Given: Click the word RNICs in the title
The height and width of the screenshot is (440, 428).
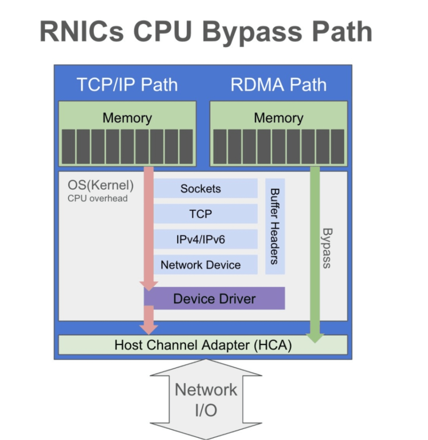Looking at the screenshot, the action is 81,31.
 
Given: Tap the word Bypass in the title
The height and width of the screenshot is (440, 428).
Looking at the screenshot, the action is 252,32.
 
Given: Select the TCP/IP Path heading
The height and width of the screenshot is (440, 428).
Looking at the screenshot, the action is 127,84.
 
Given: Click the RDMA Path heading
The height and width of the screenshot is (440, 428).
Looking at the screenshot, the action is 278,84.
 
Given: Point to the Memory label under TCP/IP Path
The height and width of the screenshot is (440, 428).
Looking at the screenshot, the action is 127,118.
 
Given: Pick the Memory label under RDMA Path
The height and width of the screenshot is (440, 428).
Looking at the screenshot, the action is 278,118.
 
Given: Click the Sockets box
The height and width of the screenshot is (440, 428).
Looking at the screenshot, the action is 206,188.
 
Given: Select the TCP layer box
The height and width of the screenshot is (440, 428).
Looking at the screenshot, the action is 206,214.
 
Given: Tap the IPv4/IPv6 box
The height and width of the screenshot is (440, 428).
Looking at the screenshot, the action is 206,239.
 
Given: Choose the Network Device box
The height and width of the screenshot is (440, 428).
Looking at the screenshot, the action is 206,265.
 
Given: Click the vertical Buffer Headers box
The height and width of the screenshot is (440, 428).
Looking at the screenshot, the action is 275,226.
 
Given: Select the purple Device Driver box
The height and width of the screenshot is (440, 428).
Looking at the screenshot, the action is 214,298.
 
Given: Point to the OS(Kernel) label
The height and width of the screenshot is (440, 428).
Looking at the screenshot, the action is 101,185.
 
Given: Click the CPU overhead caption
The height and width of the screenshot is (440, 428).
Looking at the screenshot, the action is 98,198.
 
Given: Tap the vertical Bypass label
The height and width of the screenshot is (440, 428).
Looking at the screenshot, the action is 327,248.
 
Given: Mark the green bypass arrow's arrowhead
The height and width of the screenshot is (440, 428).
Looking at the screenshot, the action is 315,338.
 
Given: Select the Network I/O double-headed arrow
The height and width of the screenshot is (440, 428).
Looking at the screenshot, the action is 206,399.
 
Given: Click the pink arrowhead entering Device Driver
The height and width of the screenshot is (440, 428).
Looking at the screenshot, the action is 149,286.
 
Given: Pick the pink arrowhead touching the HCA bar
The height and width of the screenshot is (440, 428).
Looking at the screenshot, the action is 149,330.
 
